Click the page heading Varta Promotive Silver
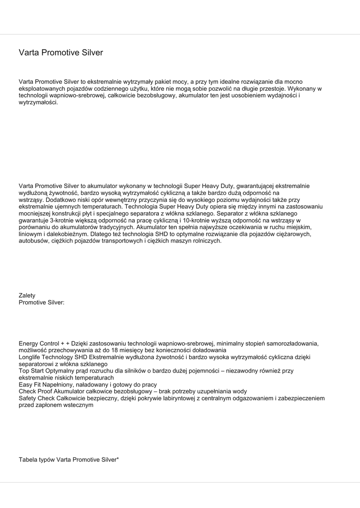click(x=61, y=53)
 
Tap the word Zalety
click(x=27, y=296)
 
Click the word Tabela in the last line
click(x=29, y=460)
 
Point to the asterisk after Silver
click(x=118, y=459)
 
